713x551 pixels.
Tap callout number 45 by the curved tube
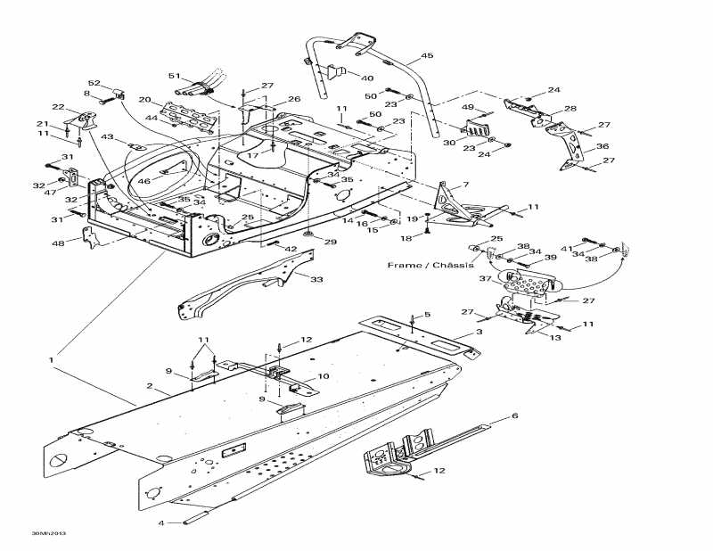click(427, 56)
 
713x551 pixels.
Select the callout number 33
click(316, 280)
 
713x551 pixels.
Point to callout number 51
click(174, 76)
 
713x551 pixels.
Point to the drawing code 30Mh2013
click(48, 534)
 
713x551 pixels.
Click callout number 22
click(58, 107)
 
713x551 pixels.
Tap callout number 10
click(324, 377)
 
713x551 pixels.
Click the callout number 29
click(331, 242)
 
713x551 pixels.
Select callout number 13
click(554, 338)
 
